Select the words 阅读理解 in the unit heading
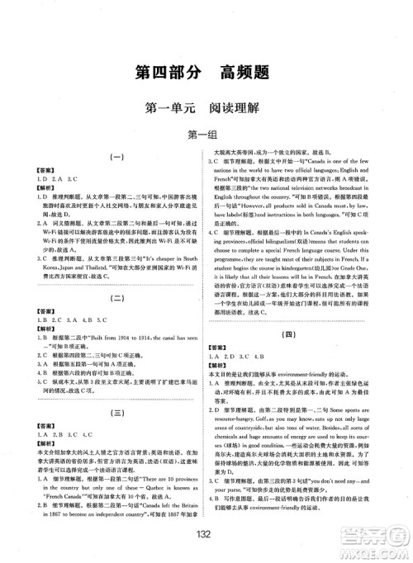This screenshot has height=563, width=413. (x=240, y=108)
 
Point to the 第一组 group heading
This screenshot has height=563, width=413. (x=206, y=135)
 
